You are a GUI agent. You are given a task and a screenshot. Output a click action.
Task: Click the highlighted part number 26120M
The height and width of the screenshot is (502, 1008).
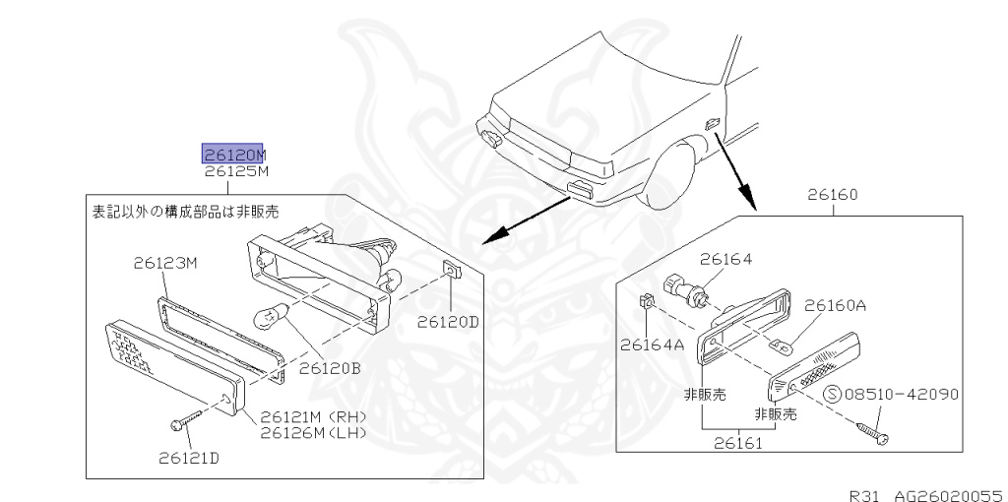(234, 154)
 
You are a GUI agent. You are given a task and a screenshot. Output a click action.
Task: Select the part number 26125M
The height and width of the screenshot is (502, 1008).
(236, 171)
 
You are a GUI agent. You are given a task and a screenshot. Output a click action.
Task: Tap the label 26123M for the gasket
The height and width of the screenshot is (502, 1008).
(165, 263)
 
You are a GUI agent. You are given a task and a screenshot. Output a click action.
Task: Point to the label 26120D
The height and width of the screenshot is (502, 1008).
(447, 321)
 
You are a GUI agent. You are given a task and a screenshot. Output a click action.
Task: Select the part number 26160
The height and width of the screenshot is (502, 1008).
(833, 195)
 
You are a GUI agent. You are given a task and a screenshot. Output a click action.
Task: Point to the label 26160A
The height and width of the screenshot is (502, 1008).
(835, 305)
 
